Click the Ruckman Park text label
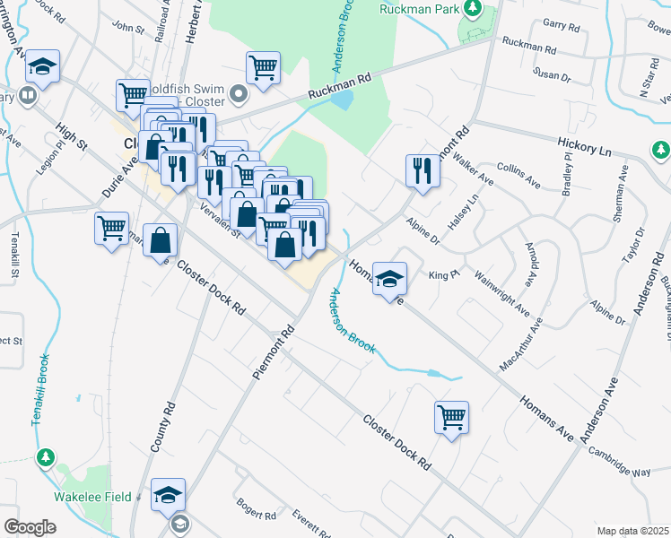pos(418,11)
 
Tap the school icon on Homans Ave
pos(389,279)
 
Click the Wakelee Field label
pos(93,497)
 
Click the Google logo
pos(30,527)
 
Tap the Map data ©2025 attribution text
pos(632,531)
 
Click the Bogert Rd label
pos(257,509)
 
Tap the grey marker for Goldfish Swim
pos(239,94)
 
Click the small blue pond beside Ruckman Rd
pos(341,100)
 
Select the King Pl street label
pos(438,274)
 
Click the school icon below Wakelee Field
pos(168,495)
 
